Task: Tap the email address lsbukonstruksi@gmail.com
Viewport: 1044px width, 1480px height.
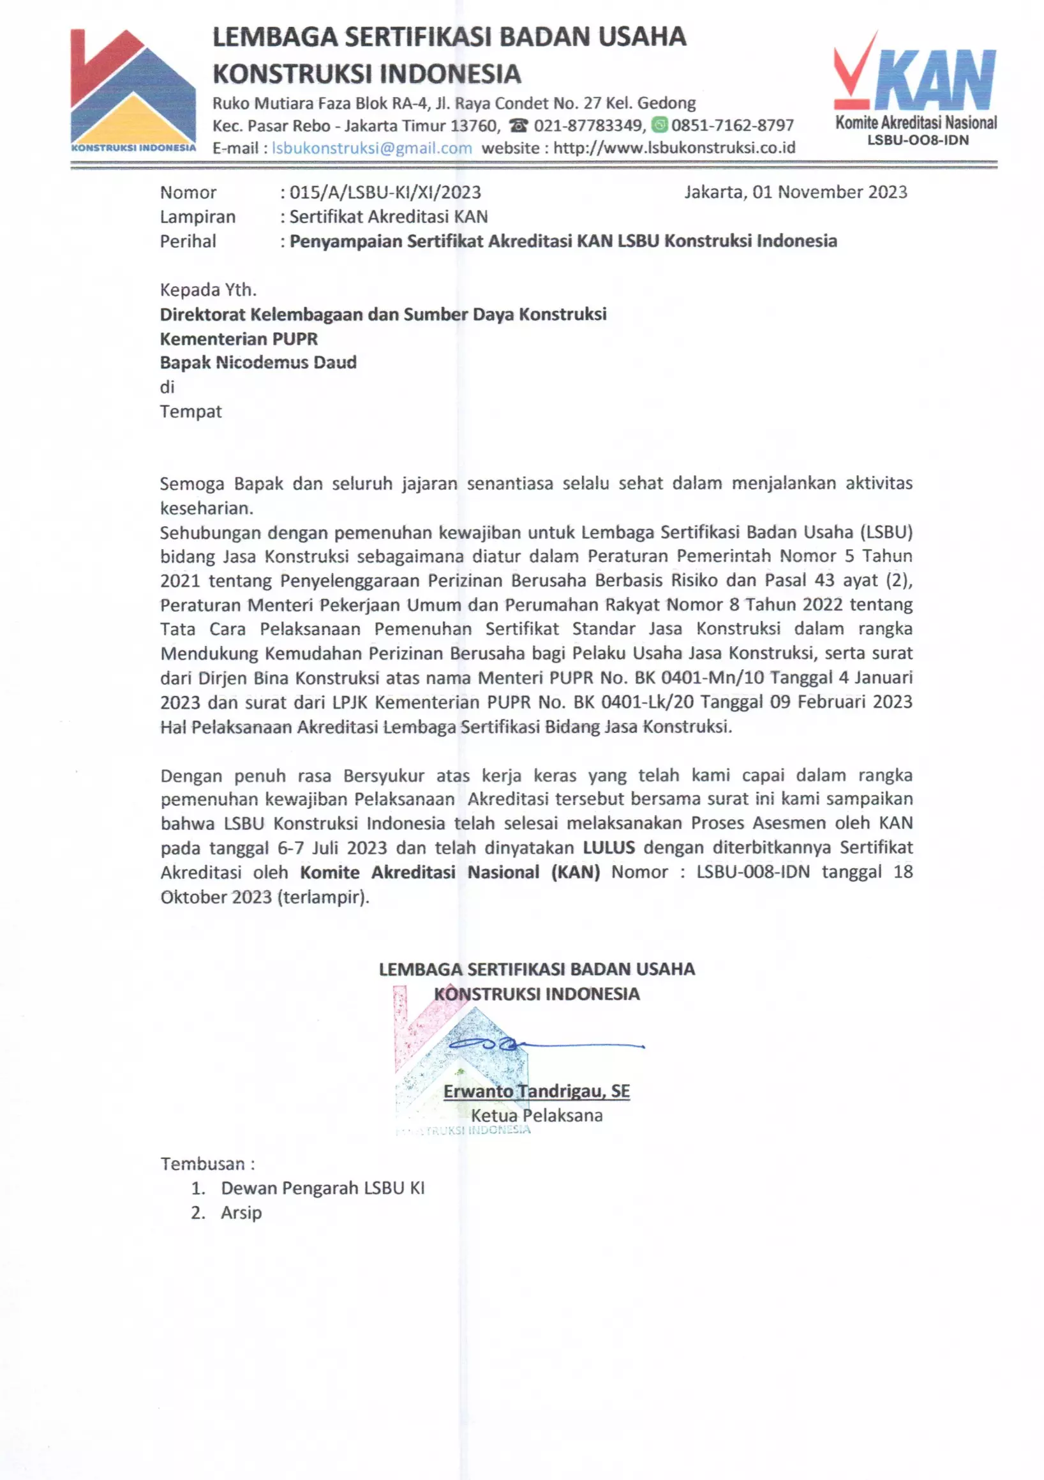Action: [x=372, y=148]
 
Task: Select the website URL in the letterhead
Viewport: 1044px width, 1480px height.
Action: [x=674, y=148]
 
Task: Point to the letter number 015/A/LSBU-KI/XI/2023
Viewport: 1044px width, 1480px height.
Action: [x=385, y=192]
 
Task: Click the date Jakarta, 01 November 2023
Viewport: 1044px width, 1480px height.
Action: [x=795, y=192]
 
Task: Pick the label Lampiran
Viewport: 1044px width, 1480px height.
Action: [x=198, y=216]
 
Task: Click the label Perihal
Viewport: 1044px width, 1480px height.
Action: [x=188, y=241]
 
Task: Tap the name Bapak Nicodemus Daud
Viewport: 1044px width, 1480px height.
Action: [x=258, y=362]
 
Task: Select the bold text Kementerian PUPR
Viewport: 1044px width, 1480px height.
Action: [x=239, y=338]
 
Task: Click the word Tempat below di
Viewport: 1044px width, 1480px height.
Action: [x=191, y=411]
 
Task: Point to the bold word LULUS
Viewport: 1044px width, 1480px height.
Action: [x=608, y=848]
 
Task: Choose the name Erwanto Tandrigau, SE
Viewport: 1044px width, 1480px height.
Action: [x=536, y=1091]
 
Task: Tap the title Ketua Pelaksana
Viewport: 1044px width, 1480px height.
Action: [x=536, y=1116]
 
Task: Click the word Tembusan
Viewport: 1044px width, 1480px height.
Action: [x=204, y=1164]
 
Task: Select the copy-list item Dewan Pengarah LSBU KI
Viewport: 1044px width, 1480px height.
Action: [x=322, y=1188]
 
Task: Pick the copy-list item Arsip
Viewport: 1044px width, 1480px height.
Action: [x=241, y=1212]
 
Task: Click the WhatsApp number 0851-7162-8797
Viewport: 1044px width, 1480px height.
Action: [x=732, y=125]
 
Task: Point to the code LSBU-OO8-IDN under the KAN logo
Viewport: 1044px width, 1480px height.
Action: [x=917, y=140]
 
